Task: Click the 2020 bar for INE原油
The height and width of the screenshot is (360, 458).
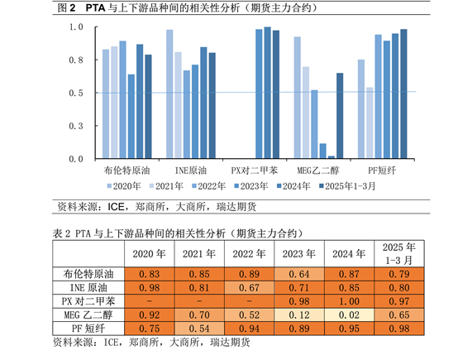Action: click(169, 94)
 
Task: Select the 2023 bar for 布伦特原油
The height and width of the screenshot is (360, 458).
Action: click(131, 117)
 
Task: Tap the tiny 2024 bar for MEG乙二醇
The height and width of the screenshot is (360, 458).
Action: click(332, 157)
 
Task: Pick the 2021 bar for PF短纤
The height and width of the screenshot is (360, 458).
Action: click(370, 122)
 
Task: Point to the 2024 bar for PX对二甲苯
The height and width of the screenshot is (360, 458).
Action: click(267, 93)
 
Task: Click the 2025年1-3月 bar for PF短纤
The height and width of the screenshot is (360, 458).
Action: click(403, 94)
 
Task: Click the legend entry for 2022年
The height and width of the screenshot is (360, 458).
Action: click(209, 186)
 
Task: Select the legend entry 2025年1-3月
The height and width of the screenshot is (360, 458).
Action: click(347, 186)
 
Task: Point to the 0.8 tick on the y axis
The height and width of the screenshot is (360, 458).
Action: click(96, 60)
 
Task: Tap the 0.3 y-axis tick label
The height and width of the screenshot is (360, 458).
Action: click(76, 126)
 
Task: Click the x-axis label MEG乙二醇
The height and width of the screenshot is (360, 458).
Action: click(318, 170)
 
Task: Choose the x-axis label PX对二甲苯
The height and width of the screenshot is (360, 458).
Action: click(255, 170)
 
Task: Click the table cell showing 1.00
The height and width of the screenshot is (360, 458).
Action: click(349, 301)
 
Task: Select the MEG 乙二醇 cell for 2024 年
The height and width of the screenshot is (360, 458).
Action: click(349, 315)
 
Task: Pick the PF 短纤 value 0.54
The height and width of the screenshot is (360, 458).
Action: click(199, 329)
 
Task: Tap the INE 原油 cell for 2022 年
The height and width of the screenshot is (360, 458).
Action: click(249, 288)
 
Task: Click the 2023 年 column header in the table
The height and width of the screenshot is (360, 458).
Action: click(299, 254)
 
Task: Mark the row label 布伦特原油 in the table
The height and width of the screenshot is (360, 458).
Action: click(88, 274)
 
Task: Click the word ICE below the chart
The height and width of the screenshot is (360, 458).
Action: click(116, 207)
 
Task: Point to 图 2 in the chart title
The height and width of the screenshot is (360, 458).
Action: click(67, 7)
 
